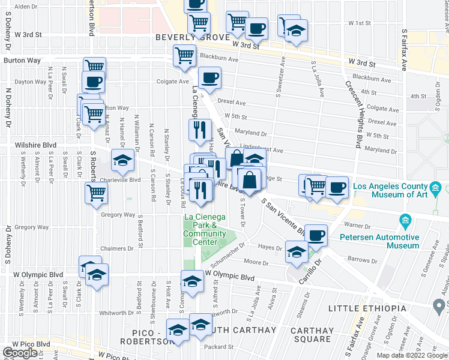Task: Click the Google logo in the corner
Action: (x=20, y=353)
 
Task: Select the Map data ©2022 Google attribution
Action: (x=411, y=355)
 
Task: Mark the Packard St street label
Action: (x=213, y=346)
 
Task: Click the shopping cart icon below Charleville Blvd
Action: (x=96, y=193)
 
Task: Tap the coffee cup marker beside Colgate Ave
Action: (x=209, y=78)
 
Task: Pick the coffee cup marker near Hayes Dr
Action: (x=316, y=235)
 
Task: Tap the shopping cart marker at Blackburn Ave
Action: (x=184, y=55)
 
